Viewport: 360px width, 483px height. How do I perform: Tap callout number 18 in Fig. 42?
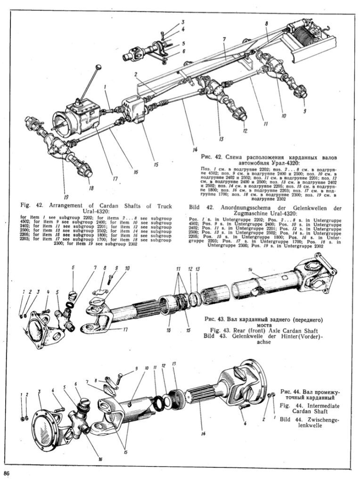[91, 188]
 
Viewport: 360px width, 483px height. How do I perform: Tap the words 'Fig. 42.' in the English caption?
[33, 206]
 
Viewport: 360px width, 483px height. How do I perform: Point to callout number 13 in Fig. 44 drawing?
[174, 364]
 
